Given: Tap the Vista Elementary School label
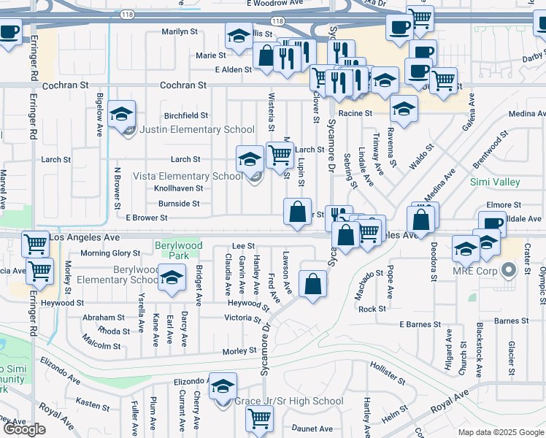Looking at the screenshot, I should pyautogui.click(x=188, y=176).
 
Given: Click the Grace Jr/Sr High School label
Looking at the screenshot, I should pyautogui.click(x=288, y=401).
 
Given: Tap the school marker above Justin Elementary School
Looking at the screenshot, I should pyautogui.click(x=122, y=114).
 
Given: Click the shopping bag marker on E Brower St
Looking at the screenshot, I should pyautogui.click(x=297, y=212).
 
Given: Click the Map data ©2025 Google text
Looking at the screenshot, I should pyautogui.click(x=501, y=432).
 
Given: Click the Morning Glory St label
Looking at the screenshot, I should pyautogui.click(x=110, y=253).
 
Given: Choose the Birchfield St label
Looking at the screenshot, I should pyautogui.click(x=186, y=115).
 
